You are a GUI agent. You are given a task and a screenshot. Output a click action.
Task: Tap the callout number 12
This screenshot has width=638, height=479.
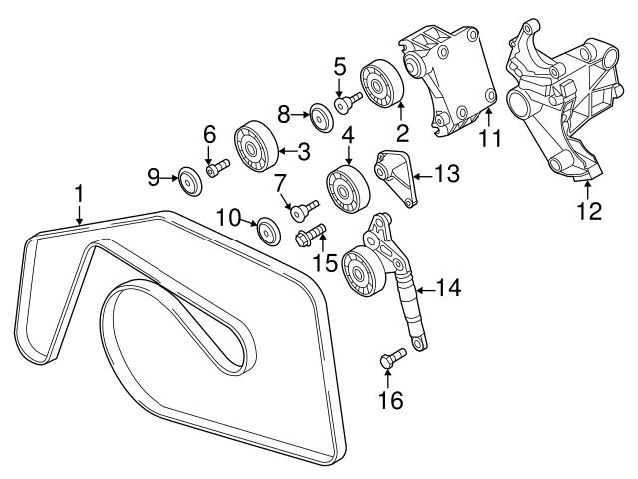point(589,210)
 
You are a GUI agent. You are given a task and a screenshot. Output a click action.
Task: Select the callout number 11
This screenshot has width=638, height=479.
point(488,139)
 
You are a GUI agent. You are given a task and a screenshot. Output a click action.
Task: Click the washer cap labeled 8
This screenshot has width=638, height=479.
point(320,117)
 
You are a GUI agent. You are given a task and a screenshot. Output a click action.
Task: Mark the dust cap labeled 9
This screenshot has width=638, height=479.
point(185,181)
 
